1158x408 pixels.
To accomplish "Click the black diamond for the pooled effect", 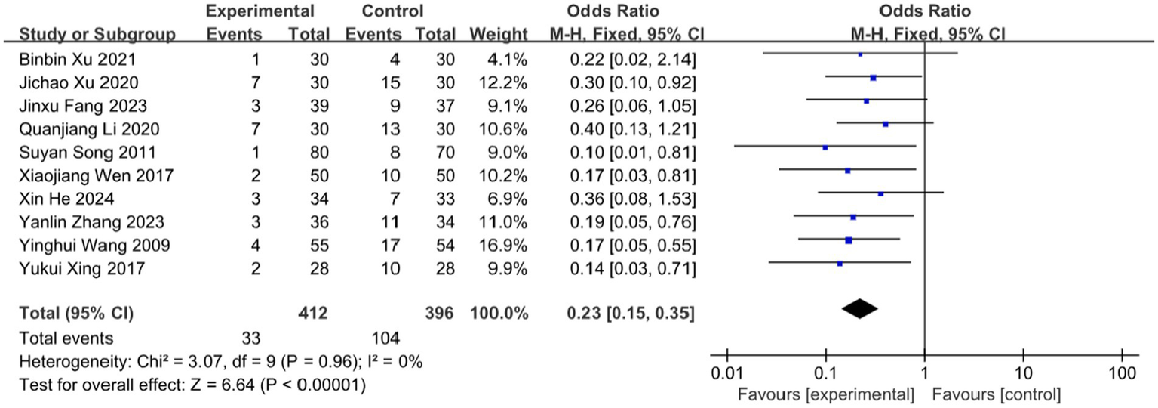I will tap(859, 308).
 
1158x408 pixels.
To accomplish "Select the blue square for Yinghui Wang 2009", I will tap(849, 241).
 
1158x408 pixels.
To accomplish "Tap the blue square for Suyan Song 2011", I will tap(825, 148).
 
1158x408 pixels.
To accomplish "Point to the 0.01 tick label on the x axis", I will tap(726, 374).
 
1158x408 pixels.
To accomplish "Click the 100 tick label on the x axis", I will tap(1122, 374).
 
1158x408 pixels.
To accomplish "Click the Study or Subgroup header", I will tap(97, 35).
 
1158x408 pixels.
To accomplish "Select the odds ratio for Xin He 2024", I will tap(621, 199).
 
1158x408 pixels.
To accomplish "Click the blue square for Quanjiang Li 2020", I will tap(886, 125).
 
